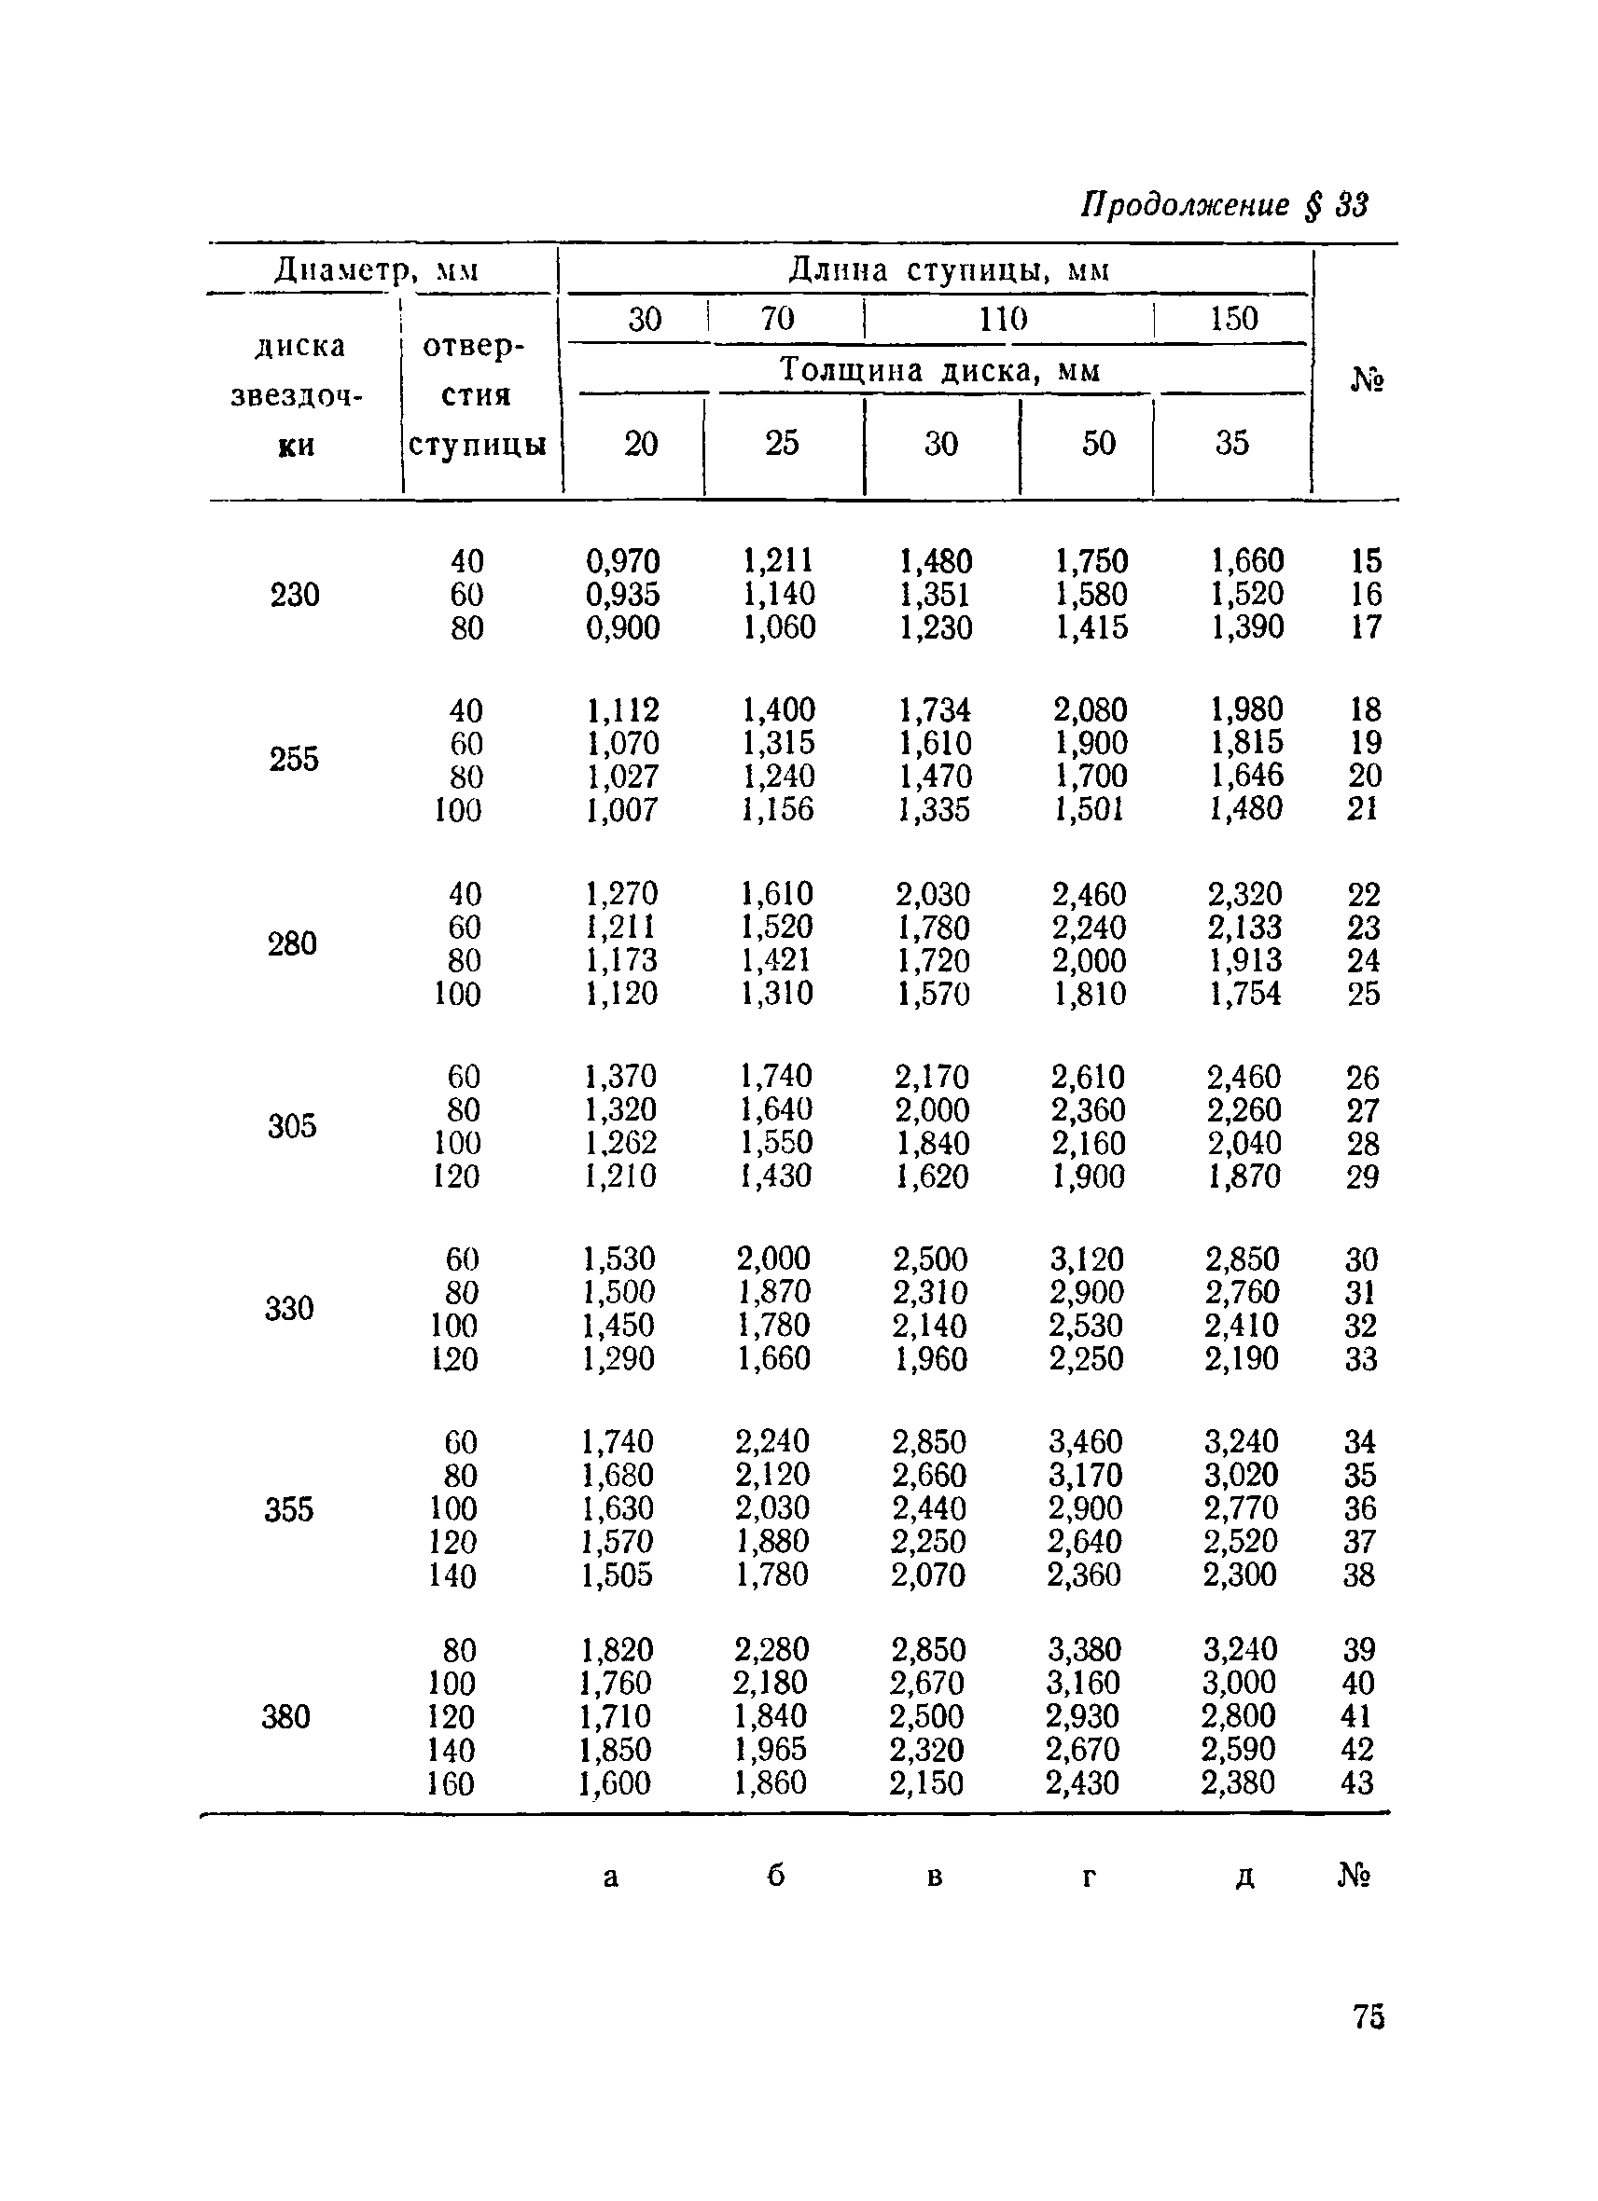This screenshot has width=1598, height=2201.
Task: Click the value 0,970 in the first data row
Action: point(622,561)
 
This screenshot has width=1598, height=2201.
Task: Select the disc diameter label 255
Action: point(293,759)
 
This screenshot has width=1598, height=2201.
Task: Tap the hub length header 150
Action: point(1233,318)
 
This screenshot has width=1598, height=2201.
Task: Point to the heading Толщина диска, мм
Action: point(939,370)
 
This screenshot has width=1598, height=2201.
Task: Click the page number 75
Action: point(1368,2016)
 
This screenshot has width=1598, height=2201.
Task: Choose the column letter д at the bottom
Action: point(1244,1876)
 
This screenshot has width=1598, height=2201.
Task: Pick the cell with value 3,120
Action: point(1087,1259)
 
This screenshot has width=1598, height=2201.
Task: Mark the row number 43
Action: point(1357,1781)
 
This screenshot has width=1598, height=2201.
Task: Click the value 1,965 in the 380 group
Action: point(771,1749)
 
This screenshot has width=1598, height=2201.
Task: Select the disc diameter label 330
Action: point(289,1308)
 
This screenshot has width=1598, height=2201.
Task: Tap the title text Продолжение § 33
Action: point(1224,205)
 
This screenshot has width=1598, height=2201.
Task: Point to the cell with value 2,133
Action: point(1244,927)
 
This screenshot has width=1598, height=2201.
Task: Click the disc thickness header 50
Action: point(1098,444)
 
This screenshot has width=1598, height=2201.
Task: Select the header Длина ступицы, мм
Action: point(949,268)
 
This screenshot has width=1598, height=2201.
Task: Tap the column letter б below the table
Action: point(774,1876)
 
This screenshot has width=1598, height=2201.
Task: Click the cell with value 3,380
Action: point(1084,1649)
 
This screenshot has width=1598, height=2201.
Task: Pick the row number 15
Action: point(1365,561)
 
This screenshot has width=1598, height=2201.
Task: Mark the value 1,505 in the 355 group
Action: point(618,1575)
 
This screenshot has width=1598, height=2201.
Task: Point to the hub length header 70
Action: point(778,318)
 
